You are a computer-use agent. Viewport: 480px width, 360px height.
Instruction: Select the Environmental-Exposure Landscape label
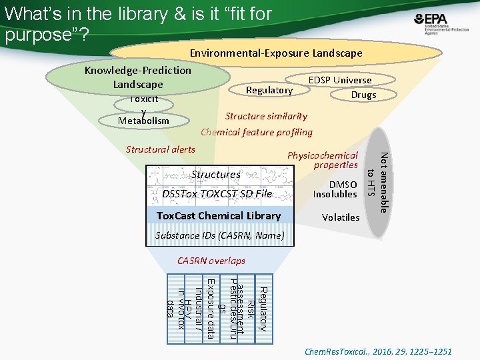tap(276, 53)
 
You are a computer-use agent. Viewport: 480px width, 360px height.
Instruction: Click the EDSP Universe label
tap(339, 80)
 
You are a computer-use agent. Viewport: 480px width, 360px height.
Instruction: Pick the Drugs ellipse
tap(363, 95)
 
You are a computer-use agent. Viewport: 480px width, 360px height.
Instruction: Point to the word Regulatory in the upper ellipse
tap(269, 90)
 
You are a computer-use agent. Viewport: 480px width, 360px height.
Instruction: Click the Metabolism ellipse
tap(143, 121)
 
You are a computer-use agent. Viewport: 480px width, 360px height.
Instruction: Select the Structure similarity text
tap(266, 116)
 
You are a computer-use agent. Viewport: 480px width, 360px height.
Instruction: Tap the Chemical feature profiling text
tap(257, 132)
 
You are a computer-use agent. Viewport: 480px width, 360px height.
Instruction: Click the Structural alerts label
tap(161, 149)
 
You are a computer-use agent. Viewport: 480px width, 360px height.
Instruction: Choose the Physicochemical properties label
tap(323, 160)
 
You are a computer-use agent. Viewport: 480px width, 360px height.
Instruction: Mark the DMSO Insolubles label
tap(335, 189)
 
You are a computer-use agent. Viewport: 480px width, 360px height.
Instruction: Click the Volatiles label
tap(340, 217)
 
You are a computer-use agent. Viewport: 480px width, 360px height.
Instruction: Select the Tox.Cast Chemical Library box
tap(218, 215)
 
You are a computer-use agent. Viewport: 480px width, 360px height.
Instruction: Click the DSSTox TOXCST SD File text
tap(217, 194)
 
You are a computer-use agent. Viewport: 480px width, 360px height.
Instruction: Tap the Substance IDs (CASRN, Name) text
tap(219, 235)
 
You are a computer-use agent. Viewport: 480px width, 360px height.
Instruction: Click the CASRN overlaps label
tap(211, 261)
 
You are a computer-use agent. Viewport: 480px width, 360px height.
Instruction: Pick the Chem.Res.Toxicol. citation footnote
tap(378, 351)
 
